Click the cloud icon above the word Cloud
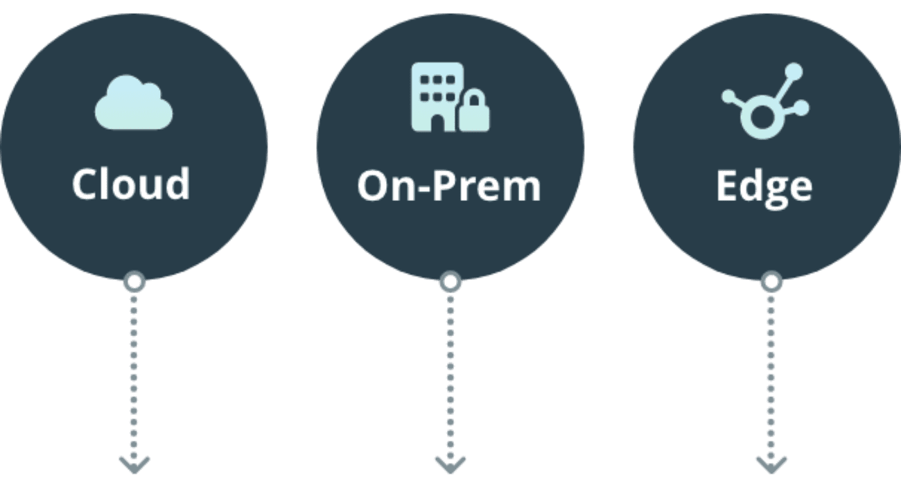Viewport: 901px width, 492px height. [x=134, y=103]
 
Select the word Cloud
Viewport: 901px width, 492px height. [x=131, y=183]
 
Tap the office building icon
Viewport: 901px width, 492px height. [x=437, y=96]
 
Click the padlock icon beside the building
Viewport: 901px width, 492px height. [x=474, y=113]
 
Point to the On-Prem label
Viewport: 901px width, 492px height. [x=448, y=186]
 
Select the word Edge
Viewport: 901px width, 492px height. [x=764, y=186]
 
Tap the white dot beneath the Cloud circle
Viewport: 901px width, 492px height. [x=134, y=282]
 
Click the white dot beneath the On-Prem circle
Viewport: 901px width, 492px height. [x=450, y=282]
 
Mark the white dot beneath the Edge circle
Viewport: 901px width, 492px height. [x=771, y=282]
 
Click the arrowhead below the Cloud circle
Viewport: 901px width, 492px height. [x=134, y=464]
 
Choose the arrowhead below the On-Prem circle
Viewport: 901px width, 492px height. [x=450, y=464]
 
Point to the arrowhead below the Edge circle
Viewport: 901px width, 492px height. [x=771, y=464]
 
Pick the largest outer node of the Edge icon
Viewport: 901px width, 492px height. [x=794, y=71]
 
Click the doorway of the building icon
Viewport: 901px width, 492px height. [x=437, y=122]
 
